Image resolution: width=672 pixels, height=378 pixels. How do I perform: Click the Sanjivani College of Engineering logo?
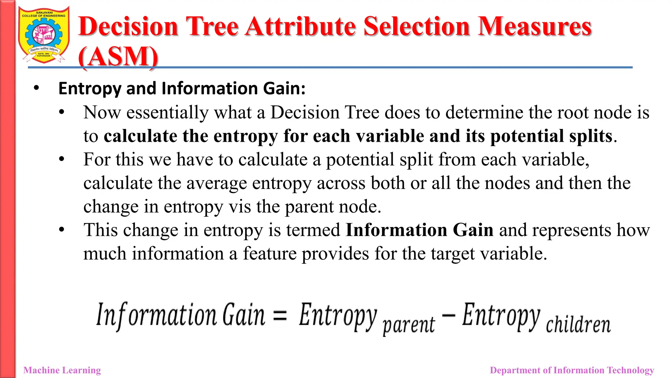point(44,35)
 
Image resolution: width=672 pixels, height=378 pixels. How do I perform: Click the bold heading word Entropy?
point(90,89)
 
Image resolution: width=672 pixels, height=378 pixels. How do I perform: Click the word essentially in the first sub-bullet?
point(167,113)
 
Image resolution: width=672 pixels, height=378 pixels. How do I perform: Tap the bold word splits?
point(591,136)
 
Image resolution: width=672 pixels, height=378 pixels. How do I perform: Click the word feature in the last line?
point(269,254)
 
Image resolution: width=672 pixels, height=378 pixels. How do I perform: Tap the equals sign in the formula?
point(280,315)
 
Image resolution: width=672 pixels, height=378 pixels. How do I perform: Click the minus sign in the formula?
point(449,315)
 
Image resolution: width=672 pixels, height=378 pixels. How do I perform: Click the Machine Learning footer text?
point(62,370)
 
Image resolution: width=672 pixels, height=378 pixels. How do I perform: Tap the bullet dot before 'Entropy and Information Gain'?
point(36,88)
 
